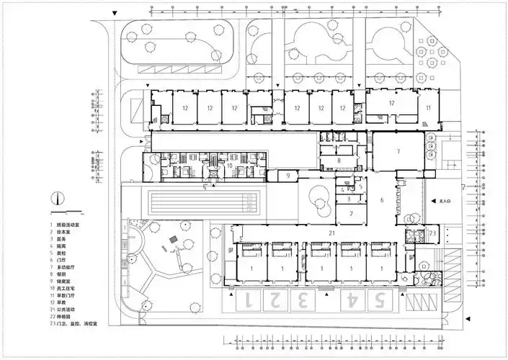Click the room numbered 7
(397, 151)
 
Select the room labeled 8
(339, 161)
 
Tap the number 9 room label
(286, 175)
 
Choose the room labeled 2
(351, 213)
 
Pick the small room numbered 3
(348, 199)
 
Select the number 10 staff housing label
(229, 166)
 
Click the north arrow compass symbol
(58, 198)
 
